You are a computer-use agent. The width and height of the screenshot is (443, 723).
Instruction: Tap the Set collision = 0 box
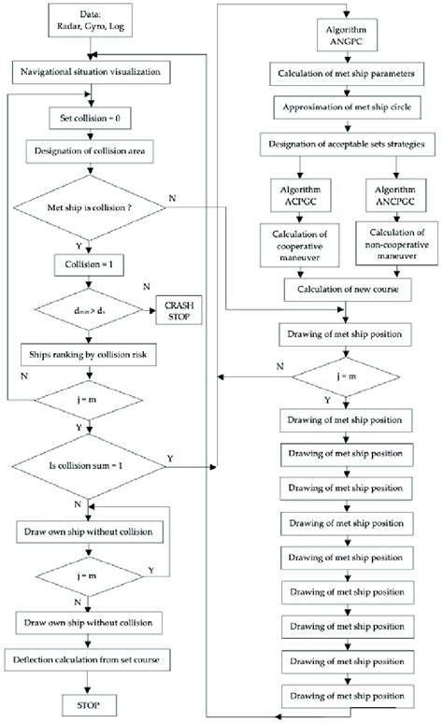point(89,119)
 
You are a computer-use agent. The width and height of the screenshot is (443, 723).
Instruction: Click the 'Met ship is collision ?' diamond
point(89,207)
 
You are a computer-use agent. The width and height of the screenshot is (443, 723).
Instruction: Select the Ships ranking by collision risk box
point(89,354)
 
